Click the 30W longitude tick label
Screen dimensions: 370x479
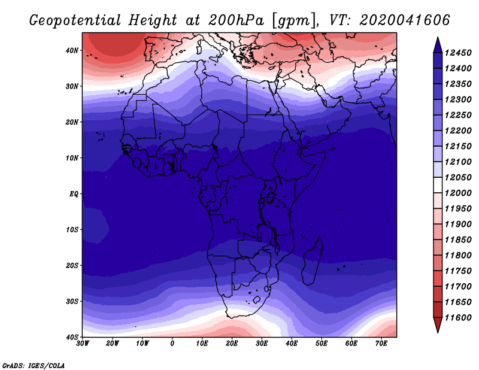click(x=83, y=344)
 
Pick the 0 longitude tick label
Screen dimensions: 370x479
click(x=172, y=344)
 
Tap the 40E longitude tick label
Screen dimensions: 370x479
click(x=292, y=344)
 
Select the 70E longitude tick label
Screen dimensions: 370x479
click(x=381, y=344)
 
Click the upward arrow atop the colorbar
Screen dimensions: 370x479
click(x=438, y=44)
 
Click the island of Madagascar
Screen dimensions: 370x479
click(x=312, y=260)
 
